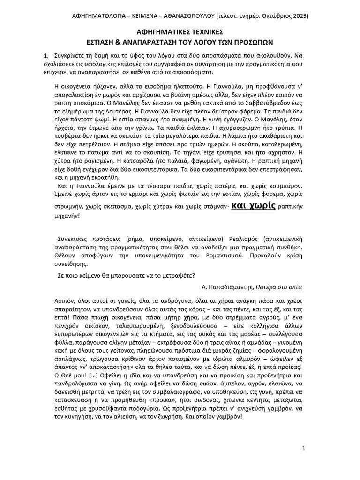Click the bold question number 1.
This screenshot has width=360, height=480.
[x=45, y=55]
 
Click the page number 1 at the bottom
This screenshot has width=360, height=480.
[x=304, y=449]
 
